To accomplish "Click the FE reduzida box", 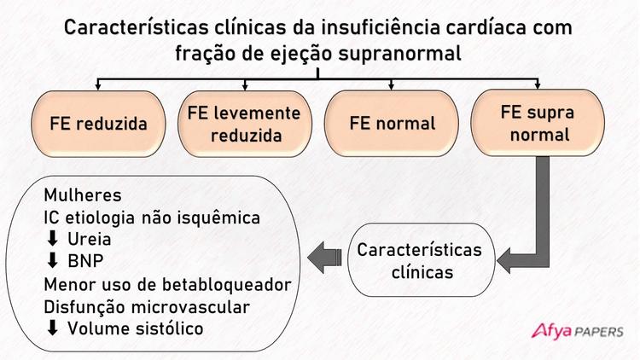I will [x=99, y=123].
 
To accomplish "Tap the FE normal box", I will [x=393, y=123].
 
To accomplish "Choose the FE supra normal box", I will [x=537, y=123].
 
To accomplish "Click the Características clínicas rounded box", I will [x=419, y=261].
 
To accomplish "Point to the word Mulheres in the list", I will [x=83, y=195].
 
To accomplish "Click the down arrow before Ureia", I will [x=51, y=239].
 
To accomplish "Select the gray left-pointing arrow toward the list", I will [x=325, y=253].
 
